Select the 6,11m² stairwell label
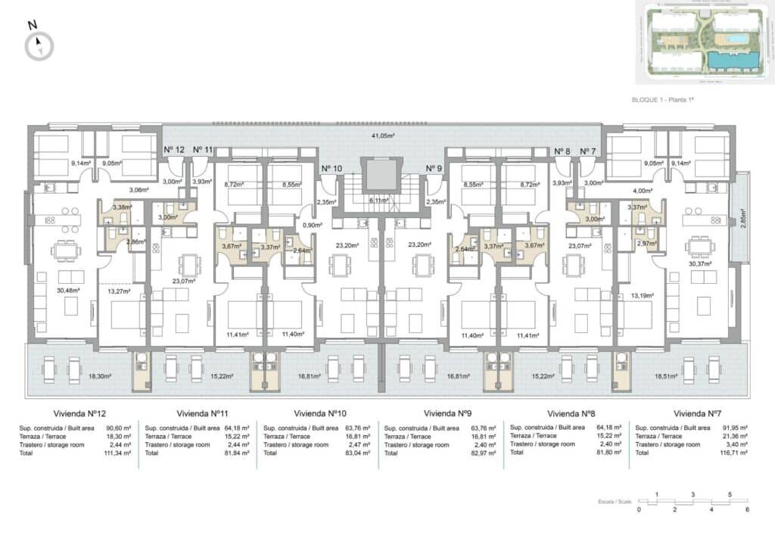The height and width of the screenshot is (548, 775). click(379, 201)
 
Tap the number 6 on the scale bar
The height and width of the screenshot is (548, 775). click(748, 509)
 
